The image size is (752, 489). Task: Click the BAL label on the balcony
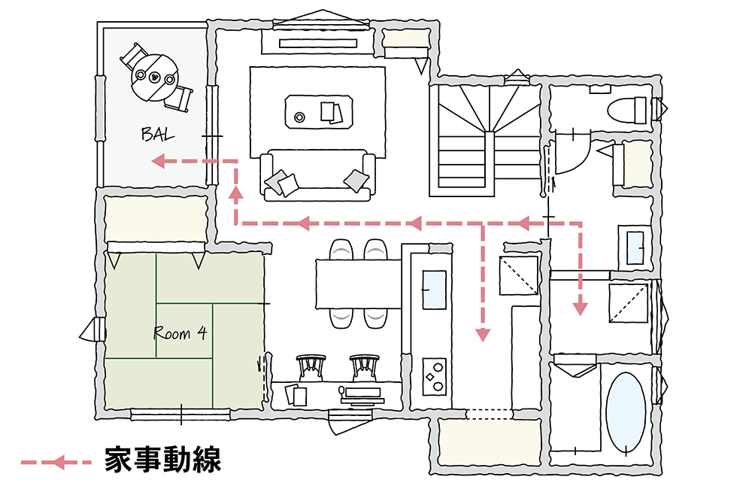pyautogui.click(x=158, y=135)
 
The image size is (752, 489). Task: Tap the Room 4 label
pyautogui.click(x=180, y=333)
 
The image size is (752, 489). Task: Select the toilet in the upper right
pyautogui.click(x=625, y=110)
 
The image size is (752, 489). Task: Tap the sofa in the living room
pyautogui.click(x=319, y=177)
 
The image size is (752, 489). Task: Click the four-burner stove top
pyautogui.click(x=435, y=374)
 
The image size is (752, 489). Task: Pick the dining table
pyautogui.click(x=359, y=283)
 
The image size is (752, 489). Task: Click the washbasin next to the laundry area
pyautogui.click(x=636, y=247)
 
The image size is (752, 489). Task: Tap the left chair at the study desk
pyautogui.click(x=311, y=366)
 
